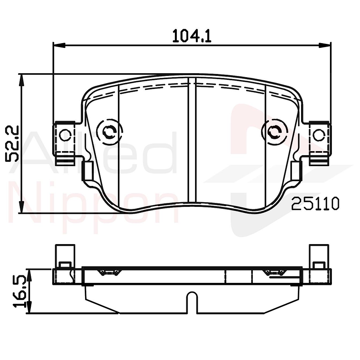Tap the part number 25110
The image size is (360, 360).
(x=315, y=204)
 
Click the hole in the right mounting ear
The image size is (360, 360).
(x=318, y=135)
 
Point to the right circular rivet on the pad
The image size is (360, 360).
(x=274, y=132)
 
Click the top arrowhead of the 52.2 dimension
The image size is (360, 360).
(x=22, y=79)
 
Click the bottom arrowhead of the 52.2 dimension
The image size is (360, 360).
(x=22, y=208)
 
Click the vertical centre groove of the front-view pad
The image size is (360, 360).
(x=192, y=138)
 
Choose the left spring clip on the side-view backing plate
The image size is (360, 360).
(x=110, y=272)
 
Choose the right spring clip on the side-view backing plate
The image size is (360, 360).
(x=275, y=272)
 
